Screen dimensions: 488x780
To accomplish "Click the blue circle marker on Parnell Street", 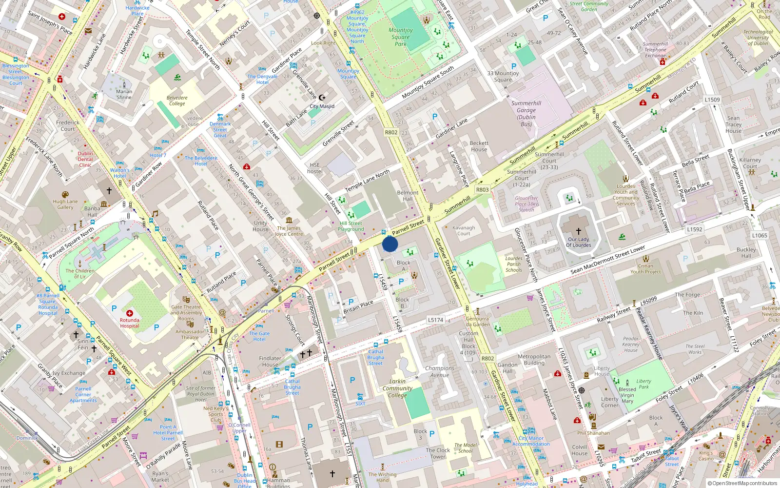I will pos(390,244).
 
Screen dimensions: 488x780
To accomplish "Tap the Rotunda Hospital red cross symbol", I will pos(130,313).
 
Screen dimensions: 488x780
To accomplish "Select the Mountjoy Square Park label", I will pos(401,37).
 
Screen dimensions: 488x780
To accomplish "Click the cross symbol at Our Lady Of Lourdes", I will pos(579,231).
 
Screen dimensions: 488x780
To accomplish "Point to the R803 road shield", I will pos(482,190).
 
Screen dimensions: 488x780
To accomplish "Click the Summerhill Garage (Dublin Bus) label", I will pos(526,114).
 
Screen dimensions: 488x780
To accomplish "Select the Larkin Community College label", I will pos(397,388).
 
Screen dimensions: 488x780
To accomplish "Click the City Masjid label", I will pos(322,106).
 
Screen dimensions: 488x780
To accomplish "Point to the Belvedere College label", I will pos(177,101).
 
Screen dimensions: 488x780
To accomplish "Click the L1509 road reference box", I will pos(712,100).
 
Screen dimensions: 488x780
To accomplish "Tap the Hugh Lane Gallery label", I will pos(65,204).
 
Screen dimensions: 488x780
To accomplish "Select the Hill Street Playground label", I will pos(351,226).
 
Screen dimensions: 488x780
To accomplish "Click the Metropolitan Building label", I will pos(534,360).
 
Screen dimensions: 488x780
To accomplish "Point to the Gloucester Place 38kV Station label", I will pos(526,204).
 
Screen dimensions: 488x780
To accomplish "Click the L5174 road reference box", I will pos(435,320).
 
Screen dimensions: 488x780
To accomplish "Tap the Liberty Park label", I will pos(643,384).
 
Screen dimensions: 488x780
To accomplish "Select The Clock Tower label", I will pos(438,453).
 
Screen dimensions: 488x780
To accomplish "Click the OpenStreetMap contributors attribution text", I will pos(742,484).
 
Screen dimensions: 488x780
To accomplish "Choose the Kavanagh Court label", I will pos(464,230).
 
